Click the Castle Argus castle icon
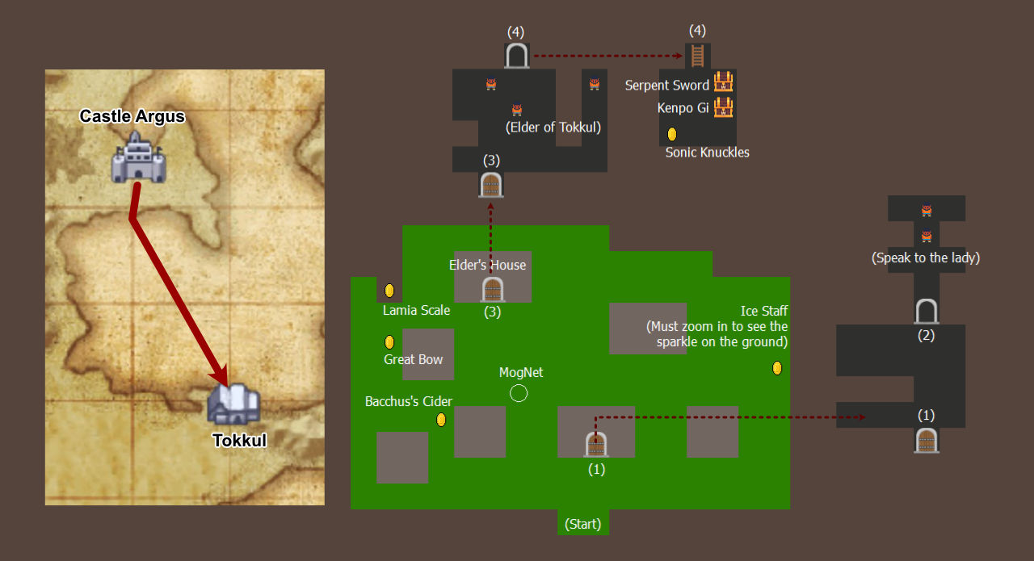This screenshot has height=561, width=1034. tap(138, 157)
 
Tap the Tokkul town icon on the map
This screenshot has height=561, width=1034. tap(234, 404)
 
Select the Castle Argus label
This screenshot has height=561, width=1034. tap(132, 116)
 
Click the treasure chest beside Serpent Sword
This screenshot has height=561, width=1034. tap(723, 82)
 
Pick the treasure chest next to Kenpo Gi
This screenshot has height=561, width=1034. tap(723, 107)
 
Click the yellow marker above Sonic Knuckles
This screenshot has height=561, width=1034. tap(672, 134)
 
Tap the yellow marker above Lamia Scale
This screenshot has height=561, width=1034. tap(389, 291)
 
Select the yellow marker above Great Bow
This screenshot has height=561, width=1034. tap(389, 342)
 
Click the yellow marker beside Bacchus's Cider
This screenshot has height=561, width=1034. tap(441, 420)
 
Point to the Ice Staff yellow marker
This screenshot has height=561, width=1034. tap(777, 368)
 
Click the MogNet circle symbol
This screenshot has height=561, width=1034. tap(519, 394)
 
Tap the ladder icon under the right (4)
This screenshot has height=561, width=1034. tap(697, 56)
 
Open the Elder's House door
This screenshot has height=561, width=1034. tap(493, 290)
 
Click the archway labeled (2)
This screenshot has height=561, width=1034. tap(927, 311)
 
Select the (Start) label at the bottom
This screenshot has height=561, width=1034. tap(583, 524)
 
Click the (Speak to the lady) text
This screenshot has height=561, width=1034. tap(926, 257)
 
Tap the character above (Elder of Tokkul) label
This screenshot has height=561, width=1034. tap(517, 109)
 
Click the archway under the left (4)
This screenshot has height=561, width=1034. tap(516, 56)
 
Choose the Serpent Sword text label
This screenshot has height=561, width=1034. tap(667, 86)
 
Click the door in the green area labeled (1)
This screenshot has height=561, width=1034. tap(596, 444)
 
